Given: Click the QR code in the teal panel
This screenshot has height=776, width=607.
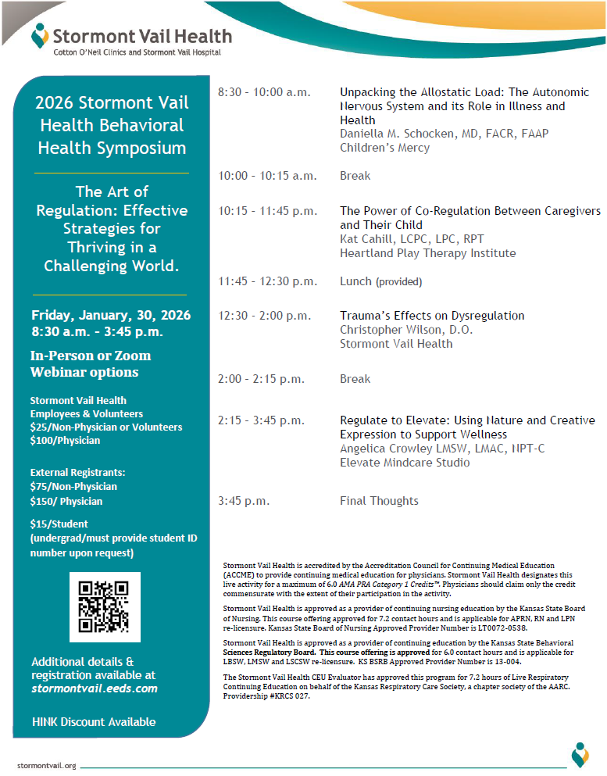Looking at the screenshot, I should (x=105, y=607).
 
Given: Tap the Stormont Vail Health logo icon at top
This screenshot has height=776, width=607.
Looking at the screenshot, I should (x=39, y=35).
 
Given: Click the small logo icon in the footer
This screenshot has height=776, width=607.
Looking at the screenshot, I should (x=580, y=754).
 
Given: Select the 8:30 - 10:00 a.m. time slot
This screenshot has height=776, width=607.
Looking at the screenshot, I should (x=264, y=92).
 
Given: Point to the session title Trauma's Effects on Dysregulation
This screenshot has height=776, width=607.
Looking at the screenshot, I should (x=432, y=316).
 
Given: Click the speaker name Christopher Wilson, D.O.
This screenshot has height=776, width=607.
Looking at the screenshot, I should (x=406, y=330).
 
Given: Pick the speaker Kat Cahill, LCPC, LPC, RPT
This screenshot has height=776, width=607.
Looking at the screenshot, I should (x=412, y=239).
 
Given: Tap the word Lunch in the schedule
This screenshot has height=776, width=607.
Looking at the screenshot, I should (x=355, y=281).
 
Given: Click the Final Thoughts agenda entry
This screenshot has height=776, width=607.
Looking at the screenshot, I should (x=379, y=501).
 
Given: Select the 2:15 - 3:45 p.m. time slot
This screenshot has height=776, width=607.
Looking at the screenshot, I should (x=261, y=420).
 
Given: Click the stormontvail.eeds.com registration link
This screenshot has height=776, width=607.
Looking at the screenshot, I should (x=95, y=688).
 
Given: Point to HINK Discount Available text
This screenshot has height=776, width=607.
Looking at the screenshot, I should (x=93, y=722).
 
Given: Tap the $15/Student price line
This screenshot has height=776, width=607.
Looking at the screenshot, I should (x=59, y=524).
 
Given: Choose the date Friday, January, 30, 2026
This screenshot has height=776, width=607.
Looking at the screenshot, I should (x=110, y=316).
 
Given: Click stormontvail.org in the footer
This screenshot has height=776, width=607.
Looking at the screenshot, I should (x=46, y=765).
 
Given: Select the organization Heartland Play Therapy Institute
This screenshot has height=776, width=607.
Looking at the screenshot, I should (x=427, y=253).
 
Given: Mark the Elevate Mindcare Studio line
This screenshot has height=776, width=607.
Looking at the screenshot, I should (x=405, y=463).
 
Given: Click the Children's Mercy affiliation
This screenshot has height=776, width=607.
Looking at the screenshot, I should (x=384, y=148).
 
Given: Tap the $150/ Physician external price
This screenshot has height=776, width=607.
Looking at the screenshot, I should (x=66, y=502).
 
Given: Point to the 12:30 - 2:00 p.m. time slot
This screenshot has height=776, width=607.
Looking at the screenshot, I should (x=261, y=316).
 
